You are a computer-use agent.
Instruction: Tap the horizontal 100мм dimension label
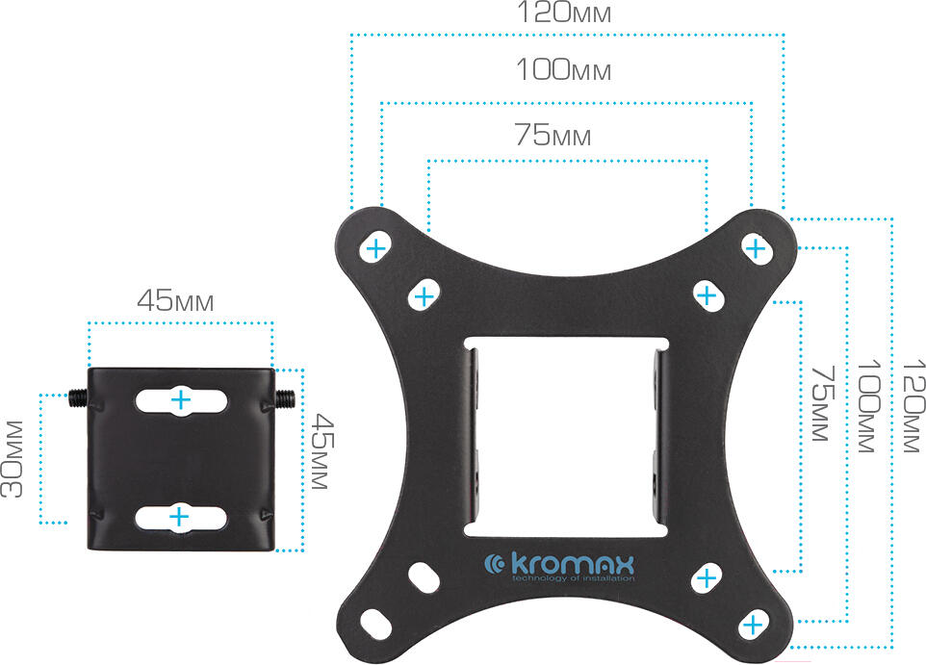click(564, 69)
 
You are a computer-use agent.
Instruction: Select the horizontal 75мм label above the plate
click(553, 134)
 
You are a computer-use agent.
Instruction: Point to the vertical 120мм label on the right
click(913, 406)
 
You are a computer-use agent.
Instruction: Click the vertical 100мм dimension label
click(867, 406)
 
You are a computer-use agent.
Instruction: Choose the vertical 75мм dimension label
click(823, 404)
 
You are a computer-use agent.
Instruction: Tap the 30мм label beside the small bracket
click(13, 459)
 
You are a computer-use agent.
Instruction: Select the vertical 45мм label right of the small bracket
click(322, 451)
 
